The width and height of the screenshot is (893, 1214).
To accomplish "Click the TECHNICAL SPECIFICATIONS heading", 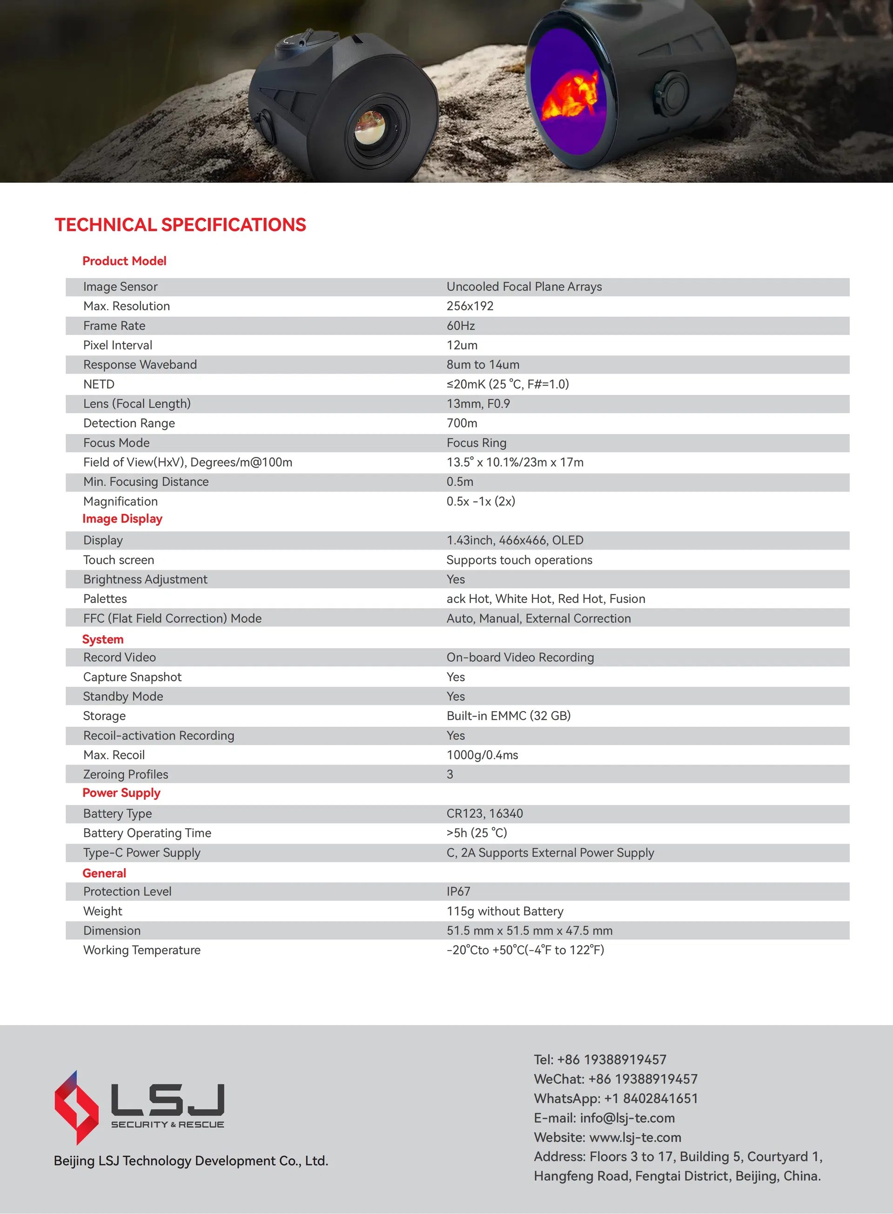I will pos(180,224).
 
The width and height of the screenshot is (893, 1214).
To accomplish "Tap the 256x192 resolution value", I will pos(470,306).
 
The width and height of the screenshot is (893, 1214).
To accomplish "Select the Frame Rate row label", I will pos(114,325).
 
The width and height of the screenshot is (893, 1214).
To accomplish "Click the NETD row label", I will pos(99,384).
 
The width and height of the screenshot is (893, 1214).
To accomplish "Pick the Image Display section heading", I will pos(122,518).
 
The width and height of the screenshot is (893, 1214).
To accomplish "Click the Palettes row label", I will pos(105,598).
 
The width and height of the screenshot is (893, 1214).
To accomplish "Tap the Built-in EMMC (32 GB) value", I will pos(508,716).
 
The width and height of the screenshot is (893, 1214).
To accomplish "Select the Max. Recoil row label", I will pos(114,755).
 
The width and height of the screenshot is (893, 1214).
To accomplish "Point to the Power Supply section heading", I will pos(121,792).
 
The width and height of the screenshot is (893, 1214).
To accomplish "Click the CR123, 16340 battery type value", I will pos(484,813).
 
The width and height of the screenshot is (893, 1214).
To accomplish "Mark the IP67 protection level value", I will pos(458,892).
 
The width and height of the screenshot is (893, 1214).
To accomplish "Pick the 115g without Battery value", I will pos(505,911).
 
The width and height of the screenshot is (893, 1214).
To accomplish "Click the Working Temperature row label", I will pos(141,950).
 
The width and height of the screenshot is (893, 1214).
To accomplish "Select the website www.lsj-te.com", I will pos(635,1137).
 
